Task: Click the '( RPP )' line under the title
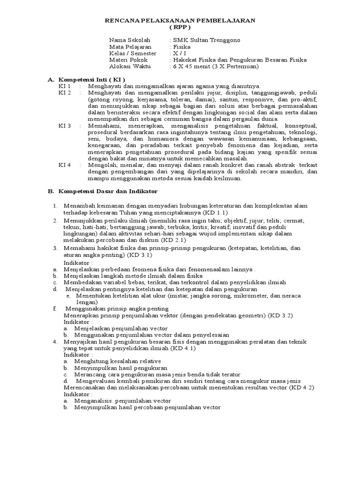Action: (180, 27)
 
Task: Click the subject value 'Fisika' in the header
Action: (178, 47)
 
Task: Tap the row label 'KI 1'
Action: (64, 86)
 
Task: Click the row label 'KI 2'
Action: (64, 93)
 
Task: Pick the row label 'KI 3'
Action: (64, 126)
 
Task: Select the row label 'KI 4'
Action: (64, 165)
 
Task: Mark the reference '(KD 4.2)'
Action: (301, 388)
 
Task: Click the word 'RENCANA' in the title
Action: (120, 21)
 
